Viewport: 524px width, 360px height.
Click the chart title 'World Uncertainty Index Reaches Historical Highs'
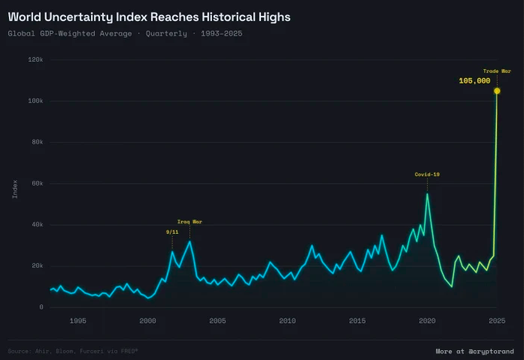click(149, 16)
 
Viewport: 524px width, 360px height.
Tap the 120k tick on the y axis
click(35, 59)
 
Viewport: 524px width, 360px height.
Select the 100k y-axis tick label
click(35, 101)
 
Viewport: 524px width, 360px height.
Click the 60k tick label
click(37, 183)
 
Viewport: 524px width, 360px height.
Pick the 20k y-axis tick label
click(37, 265)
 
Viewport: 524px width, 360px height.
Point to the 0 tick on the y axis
click(42, 307)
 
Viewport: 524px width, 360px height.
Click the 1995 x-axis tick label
click(77, 321)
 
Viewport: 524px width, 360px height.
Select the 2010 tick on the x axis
click(287, 321)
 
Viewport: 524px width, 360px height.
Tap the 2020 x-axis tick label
click(427, 321)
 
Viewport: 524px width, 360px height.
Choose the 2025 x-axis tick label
click(497, 321)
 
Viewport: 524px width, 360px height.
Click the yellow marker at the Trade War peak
click(497, 91)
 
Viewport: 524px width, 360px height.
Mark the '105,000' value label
click(474, 80)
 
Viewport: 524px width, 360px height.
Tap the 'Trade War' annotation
click(497, 71)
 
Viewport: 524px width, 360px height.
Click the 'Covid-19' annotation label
click(427, 174)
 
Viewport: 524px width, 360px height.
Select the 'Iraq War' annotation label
click(189, 222)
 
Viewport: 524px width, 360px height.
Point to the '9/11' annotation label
click(172, 231)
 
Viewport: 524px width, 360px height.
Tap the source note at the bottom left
click(73, 351)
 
